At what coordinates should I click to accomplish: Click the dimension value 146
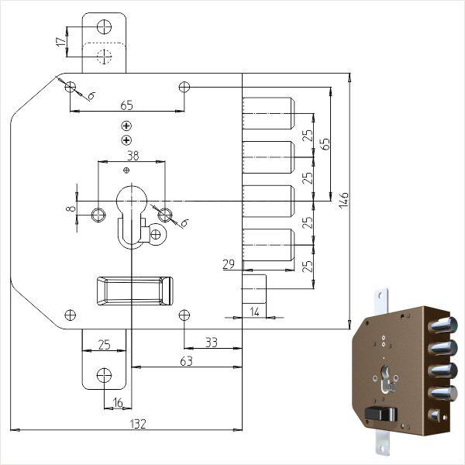(x=344, y=201)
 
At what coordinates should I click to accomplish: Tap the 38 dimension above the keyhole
(x=133, y=155)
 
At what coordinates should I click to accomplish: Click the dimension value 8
(x=71, y=208)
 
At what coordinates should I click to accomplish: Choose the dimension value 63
(x=187, y=360)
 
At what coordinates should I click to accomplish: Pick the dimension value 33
(x=212, y=342)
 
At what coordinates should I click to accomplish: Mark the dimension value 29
(x=229, y=265)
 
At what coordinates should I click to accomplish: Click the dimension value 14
(x=255, y=311)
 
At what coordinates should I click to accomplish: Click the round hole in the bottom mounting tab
(x=104, y=376)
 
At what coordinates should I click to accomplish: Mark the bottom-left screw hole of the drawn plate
(x=71, y=315)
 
